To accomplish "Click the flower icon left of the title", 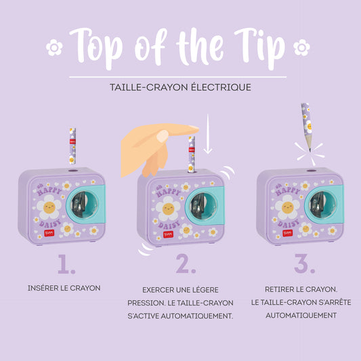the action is click(x=54, y=47).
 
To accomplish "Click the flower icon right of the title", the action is click(x=301, y=47).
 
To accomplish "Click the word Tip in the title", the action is click(x=260, y=47).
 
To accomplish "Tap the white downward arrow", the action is click(x=208, y=133).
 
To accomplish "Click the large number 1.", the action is click(x=66, y=264).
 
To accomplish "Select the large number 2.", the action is click(x=186, y=263).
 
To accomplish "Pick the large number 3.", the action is click(x=305, y=263).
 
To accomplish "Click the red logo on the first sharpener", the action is click(x=49, y=233).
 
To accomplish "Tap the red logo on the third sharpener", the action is click(x=288, y=233).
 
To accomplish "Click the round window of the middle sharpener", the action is click(x=203, y=206).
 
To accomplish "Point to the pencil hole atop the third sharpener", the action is click(x=312, y=171).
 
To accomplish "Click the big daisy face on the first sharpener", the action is click(x=49, y=207).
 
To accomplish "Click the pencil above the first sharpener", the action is click(x=72, y=146).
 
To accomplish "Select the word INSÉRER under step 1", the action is click(x=43, y=288).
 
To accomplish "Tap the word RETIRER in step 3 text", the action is click(x=278, y=289).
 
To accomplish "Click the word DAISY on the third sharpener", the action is click(x=289, y=223).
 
